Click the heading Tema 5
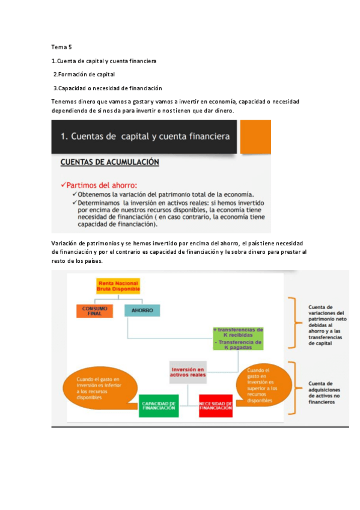coord(62,47)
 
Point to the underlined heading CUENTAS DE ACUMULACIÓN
coord(109,162)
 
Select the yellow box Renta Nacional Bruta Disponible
coord(118,286)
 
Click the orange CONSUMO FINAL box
coord(95,311)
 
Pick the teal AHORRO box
coord(142,311)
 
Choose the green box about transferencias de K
coord(238,337)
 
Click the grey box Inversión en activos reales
coord(188,372)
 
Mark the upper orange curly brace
coord(293,323)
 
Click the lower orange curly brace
coord(293,388)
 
